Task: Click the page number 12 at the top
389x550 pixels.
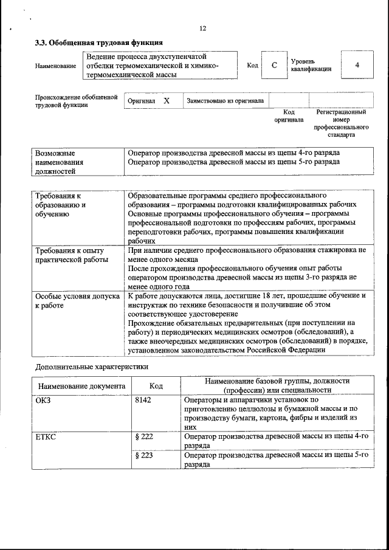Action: [x=203, y=29]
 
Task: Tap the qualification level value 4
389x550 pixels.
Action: [x=357, y=64]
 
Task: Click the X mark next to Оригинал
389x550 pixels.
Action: [x=166, y=100]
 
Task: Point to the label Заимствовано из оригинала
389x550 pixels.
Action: [x=225, y=100]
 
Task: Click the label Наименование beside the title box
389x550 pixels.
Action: [x=56, y=66]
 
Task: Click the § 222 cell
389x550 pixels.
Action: [x=143, y=437]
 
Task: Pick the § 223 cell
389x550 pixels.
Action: [x=143, y=455]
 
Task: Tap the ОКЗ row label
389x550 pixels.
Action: [x=44, y=400]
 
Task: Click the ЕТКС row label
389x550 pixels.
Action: [x=46, y=437]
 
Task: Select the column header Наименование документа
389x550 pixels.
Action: [x=82, y=386]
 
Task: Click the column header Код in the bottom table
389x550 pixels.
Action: [x=156, y=386]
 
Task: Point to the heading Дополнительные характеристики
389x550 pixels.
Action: [x=91, y=366]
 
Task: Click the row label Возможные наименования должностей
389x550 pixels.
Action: [x=59, y=162]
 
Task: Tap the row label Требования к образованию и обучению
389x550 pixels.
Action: [x=60, y=205]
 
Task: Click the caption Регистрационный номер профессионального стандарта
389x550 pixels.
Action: [x=341, y=123]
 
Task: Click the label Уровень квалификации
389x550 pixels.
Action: [x=311, y=65]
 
